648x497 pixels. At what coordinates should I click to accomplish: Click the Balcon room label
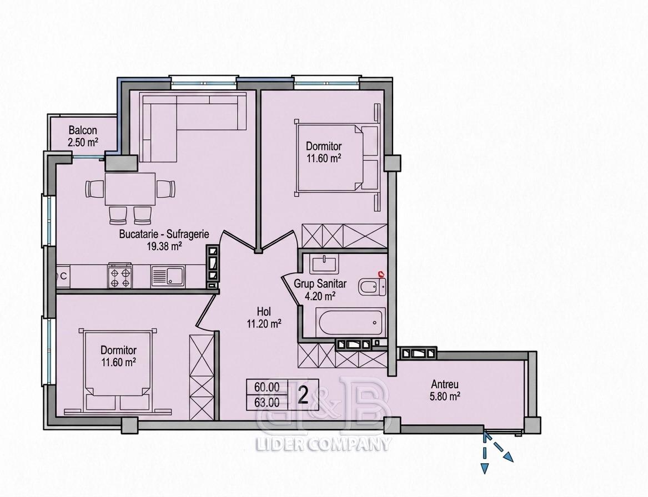tap(83, 131)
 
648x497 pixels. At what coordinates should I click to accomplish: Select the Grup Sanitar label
tap(320, 284)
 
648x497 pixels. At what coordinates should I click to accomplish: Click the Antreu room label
tap(445, 384)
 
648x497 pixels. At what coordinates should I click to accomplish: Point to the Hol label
tap(264, 312)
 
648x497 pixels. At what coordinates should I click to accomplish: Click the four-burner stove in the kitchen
tap(120, 276)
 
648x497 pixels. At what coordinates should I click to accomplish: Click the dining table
tap(130, 189)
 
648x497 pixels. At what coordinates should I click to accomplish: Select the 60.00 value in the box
tap(267, 387)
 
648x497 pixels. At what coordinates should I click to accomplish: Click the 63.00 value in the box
tap(267, 403)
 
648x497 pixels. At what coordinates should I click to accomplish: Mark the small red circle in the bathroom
tap(381, 273)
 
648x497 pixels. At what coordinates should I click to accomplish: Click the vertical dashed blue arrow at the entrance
tap(484, 452)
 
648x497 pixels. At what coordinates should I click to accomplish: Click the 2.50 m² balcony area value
tap(83, 143)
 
